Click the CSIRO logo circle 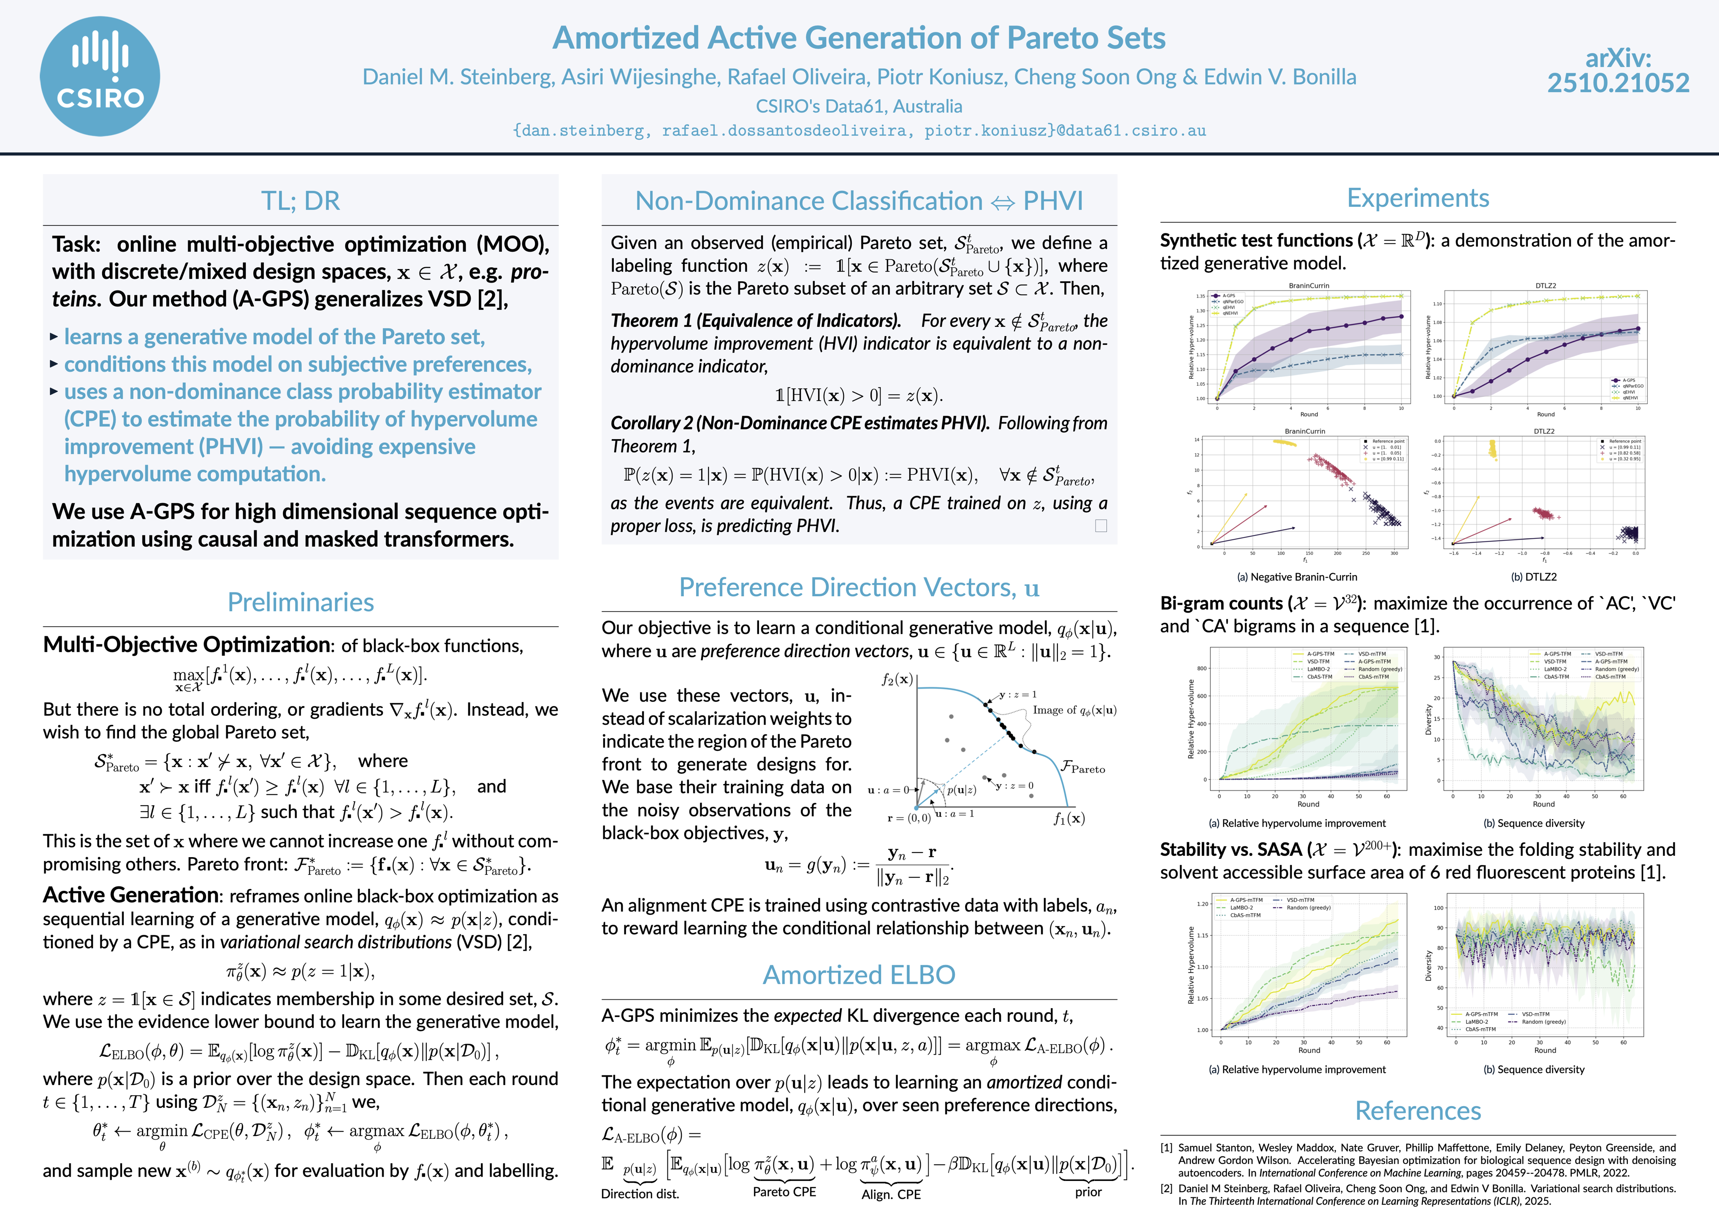point(100,76)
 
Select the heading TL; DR point(300,201)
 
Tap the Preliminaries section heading point(300,602)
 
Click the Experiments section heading point(1417,198)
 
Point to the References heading point(1417,1110)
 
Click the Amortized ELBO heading point(859,975)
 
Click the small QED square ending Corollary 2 point(1101,526)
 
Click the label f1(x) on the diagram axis point(1068,818)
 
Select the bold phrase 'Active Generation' point(131,896)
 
